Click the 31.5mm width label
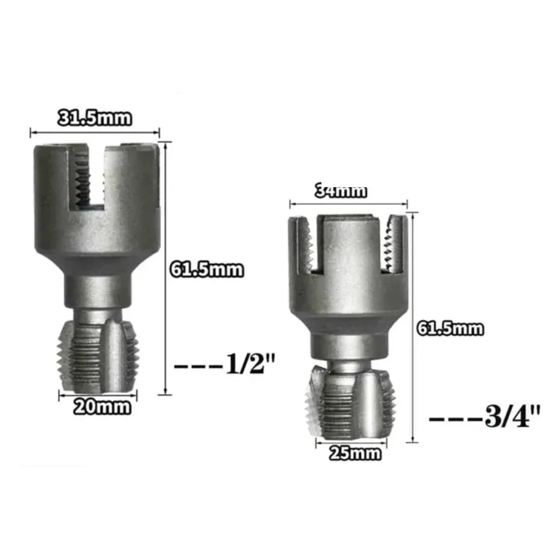pos(95,118)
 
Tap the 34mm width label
pos(341,191)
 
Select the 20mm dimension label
pos(102,407)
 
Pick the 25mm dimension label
pos(355,454)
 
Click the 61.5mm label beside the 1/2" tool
pos(207,270)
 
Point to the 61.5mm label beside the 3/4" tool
pos(451,329)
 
